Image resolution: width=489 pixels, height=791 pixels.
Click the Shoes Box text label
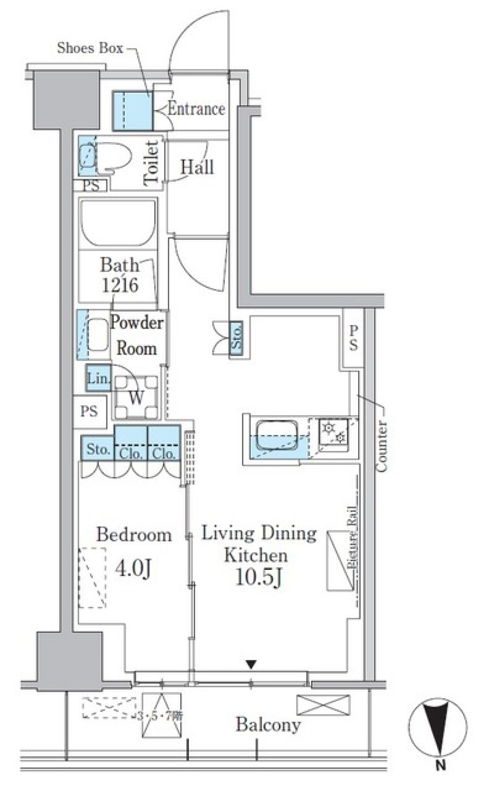coord(90,48)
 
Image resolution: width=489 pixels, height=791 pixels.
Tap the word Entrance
coord(196,109)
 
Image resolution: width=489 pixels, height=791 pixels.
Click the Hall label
coord(197,167)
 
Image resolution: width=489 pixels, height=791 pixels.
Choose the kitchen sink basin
coord(278,436)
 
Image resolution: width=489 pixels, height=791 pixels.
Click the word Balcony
coord(268,724)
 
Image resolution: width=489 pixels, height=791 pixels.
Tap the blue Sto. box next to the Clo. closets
coord(97,449)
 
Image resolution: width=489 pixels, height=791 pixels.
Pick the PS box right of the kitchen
coord(353,338)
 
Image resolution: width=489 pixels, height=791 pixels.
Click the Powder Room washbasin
coord(97,334)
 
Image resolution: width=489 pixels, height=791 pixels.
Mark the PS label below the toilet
coord(91,186)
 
